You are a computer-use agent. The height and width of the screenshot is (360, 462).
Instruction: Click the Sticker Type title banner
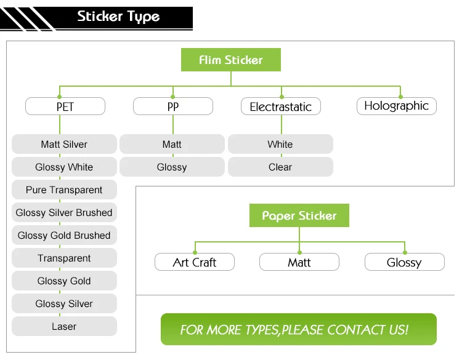(x=96, y=18)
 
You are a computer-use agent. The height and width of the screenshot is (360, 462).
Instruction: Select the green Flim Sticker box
(x=231, y=60)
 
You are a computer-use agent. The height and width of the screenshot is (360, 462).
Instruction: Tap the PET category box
(x=65, y=106)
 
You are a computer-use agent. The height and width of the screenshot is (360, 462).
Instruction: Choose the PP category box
(x=173, y=106)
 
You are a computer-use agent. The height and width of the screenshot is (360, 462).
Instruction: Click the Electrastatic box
(x=281, y=106)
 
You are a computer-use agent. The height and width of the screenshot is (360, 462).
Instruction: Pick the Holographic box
(x=397, y=106)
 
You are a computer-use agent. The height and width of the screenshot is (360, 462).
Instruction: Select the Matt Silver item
(x=64, y=144)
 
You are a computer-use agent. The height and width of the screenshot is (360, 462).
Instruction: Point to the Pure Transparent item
(x=64, y=190)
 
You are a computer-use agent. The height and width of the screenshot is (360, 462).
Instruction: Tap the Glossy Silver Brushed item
(x=64, y=212)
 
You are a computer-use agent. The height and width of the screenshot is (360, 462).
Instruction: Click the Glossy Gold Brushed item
(x=64, y=235)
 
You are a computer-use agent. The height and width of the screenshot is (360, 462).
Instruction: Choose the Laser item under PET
(x=64, y=326)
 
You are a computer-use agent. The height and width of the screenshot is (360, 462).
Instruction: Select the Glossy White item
(x=64, y=167)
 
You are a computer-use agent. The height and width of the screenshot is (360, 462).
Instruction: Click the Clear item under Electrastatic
(x=280, y=167)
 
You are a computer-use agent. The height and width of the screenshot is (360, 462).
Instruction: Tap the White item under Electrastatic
(x=280, y=144)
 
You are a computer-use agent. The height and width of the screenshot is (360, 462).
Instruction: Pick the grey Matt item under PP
(x=172, y=144)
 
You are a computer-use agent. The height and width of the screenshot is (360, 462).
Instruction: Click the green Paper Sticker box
(x=299, y=215)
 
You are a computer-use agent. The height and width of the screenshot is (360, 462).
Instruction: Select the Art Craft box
(x=195, y=262)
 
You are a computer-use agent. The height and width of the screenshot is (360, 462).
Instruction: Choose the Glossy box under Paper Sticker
(x=405, y=262)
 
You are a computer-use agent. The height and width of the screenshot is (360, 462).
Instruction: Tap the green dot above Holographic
(x=400, y=97)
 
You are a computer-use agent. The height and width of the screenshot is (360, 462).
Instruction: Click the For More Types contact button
(x=299, y=329)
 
